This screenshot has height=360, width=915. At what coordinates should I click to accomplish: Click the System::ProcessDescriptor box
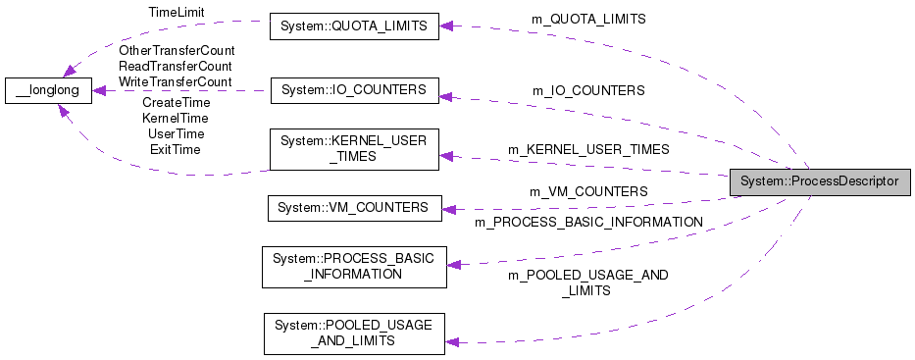(x=820, y=180)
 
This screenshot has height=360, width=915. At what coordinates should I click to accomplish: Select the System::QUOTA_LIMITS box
(x=354, y=27)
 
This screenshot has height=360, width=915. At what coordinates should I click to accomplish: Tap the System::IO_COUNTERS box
(x=354, y=90)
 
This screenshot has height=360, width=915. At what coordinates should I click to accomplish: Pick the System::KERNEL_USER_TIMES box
(x=354, y=148)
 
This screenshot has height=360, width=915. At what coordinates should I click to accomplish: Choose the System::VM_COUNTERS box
(x=354, y=208)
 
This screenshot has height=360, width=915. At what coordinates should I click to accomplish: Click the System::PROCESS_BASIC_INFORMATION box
(x=354, y=267)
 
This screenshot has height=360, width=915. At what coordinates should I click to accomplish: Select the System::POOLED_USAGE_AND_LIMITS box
(x=354, y=333)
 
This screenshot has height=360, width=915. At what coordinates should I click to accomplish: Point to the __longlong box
(x=48, y=91)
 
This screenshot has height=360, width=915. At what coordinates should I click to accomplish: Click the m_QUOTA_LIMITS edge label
(x=588, y=19)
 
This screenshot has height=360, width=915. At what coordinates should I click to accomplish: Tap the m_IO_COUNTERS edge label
(x=588, y=90)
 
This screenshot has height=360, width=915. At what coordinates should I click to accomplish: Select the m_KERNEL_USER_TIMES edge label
(x=588, y=149)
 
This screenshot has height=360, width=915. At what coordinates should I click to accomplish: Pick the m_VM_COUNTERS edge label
(x=588, y=191)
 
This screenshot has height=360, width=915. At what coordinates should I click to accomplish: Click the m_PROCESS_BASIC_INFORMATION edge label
(x=588, y=223)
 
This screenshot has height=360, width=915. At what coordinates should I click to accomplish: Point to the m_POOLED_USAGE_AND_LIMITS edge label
(x=587, y=283)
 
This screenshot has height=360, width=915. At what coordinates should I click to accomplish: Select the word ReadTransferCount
(x=177, y=66)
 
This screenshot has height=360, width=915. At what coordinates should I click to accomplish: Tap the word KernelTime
(x=176, y=118)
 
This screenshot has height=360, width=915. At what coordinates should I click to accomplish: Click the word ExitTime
(x=176, y=149)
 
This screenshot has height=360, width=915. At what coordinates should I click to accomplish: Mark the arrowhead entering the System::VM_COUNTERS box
(x=448, y=208)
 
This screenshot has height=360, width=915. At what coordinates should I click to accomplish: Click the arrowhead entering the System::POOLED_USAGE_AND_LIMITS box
(x=452, y=340)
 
